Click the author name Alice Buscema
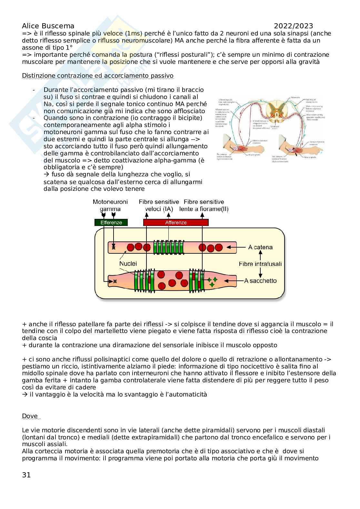tap(48, 26)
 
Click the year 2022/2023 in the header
tap(293, 26)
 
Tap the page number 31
tap(26, 475)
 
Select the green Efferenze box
tap(111, 222)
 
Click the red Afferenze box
tap(176, 222)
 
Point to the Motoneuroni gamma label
tap(110, 205)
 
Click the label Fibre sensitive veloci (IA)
tap(159, 205)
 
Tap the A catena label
tap(260, 247)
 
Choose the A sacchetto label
tap(260, 280)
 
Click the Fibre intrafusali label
tap(260, 264)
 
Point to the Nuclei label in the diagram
tap(128, 263)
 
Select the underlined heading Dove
tap(30, 416)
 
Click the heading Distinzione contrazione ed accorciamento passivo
tap(97, 76)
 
